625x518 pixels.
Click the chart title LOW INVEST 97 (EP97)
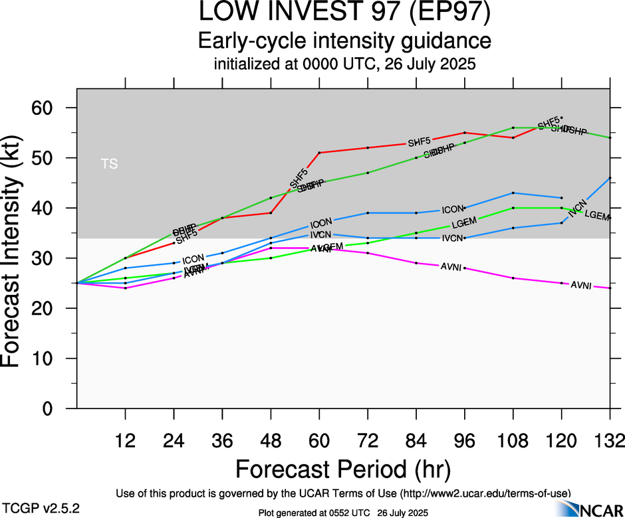(344, 13)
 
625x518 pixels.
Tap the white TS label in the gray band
(110, 163)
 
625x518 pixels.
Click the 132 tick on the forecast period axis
(610, 440)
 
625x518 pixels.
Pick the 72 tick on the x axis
(368, 440)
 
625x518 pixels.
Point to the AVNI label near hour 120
(581, 286)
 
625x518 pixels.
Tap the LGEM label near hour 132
(597, 215)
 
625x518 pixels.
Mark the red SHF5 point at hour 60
(320, 153)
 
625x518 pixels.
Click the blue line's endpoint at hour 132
(610, 178)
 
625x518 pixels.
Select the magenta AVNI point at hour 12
(126, 288)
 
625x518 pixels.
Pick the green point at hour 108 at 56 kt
(513, 128)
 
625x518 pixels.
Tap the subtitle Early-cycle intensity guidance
(344, 41)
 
